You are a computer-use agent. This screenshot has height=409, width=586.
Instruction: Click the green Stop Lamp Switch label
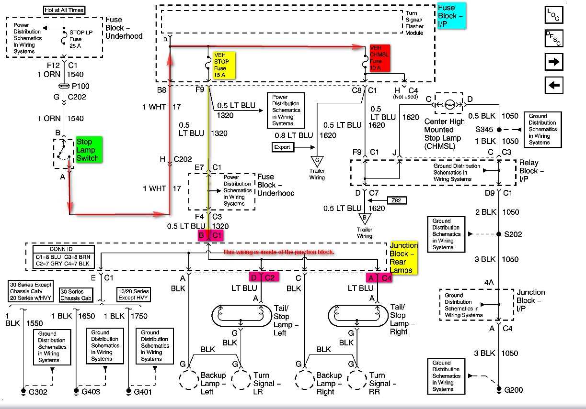pos(88,150)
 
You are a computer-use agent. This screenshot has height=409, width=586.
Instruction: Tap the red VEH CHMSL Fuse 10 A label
pos(379,58)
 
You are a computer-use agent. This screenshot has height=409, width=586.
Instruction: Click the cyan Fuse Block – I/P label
pos(451,16)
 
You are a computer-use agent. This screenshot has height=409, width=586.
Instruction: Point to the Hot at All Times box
pos(64,10)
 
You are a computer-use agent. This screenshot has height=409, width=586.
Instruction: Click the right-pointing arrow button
pos(553,62)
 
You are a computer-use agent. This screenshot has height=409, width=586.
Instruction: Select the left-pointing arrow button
pos(553,86)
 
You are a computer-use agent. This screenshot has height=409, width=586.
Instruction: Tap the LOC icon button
pos(553,15)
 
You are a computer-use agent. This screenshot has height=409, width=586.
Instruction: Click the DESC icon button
pos(553,38)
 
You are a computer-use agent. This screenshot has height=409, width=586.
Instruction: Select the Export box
pos(282,147)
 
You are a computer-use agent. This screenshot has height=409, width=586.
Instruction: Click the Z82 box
pos(396,199)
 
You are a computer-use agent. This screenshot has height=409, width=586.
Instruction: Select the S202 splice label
pos(513,234)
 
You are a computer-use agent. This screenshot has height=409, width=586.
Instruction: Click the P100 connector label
pos(80,87)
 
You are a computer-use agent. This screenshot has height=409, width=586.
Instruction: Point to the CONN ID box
pos(61,256)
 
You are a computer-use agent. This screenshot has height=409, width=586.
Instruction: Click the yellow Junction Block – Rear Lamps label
pos(403,258)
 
